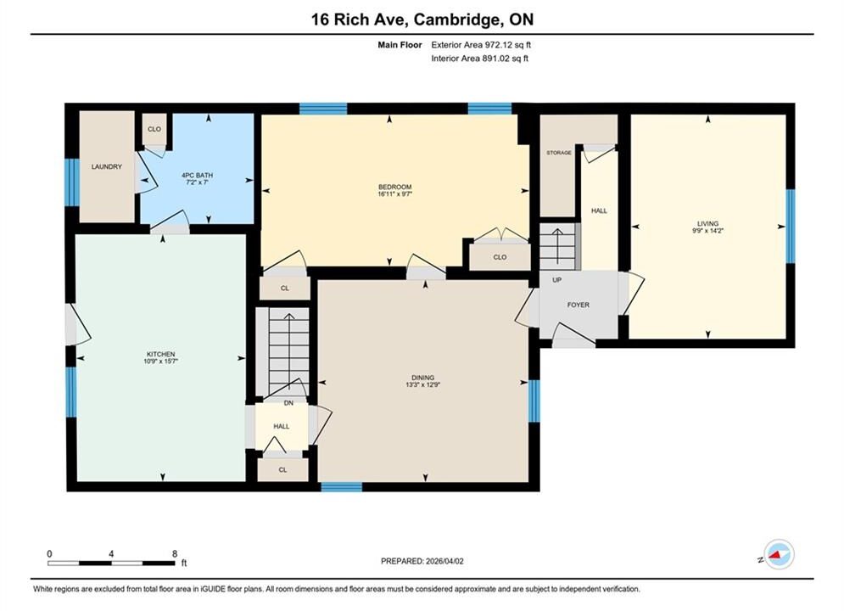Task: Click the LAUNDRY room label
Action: [107, 167]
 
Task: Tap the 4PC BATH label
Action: [197, 176]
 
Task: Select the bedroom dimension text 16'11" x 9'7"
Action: [394, 194]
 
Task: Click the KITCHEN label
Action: [161, 354]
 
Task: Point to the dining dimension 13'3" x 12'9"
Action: [423, 385]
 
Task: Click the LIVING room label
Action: [707, 224]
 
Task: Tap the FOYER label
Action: [579, 305]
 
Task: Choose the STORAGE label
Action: [559, 153]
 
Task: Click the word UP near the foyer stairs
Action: [557, 280]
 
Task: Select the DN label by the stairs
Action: [288, 403]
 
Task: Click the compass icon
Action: [779, 554]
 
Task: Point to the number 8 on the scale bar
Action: [175, 553]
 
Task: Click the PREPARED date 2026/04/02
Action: [444, 561]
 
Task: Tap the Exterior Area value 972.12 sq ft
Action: [508, 45]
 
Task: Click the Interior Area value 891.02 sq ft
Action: [505, 59]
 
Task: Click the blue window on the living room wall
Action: [791, 226]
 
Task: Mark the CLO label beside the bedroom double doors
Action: [500, 257]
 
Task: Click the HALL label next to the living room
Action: [599, 211]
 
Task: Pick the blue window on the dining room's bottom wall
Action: [342, 487]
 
